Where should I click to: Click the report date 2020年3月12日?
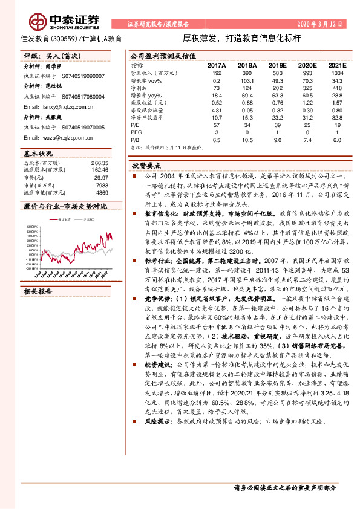tap(322, 25)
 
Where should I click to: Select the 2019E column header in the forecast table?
tap(277, 64)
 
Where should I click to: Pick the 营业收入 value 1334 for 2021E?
tap(338, 72)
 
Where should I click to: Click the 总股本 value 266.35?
tap(100, 163)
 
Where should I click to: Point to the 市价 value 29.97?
tap(102, 178)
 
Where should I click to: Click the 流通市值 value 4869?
tap(102, 192)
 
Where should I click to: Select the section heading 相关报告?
tap(38, 291)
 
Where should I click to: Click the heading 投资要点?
tap(148, 165)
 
